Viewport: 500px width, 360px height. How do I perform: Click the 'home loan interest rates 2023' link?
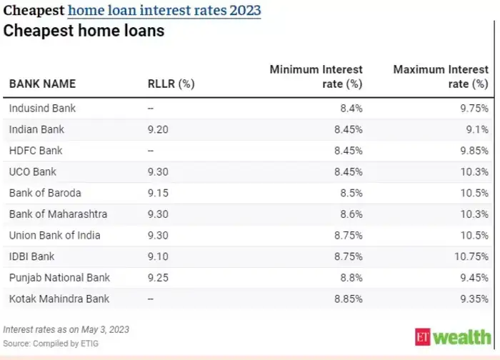click(x=164, y=11)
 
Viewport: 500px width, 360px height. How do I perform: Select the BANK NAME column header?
click(x=42, y=84)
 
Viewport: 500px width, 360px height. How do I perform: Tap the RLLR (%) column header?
click(x=171, y=84)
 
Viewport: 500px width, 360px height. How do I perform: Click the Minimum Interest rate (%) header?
click(x=316, y=76)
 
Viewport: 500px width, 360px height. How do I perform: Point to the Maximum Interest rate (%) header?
click(x=441, y=76)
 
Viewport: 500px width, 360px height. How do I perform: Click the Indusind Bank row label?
click(x=42, y=109)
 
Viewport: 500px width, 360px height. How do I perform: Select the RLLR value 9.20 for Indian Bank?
click(x=159, y=129)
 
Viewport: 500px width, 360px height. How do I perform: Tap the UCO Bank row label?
click(x=33, y=172)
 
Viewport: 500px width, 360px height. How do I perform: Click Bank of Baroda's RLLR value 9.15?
click(x=159, y=193)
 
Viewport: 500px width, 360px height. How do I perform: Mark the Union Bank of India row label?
click(x=54, y=235)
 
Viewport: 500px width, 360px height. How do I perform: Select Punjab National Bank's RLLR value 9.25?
click(x=159, y=277)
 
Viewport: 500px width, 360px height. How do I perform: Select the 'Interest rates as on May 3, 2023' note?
click(x=66, y=330)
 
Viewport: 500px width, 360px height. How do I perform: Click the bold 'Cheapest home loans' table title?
click(x=84, y=31)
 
